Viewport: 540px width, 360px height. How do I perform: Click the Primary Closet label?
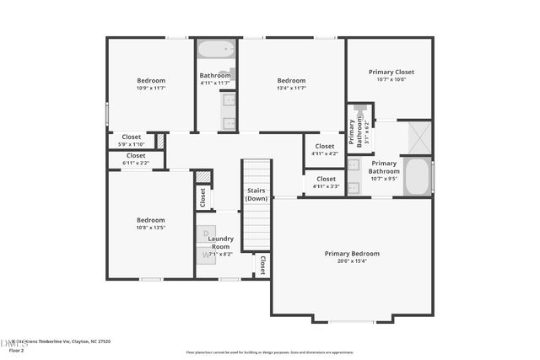tap(391, 72)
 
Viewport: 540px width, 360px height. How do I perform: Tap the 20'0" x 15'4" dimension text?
tap(352, 261)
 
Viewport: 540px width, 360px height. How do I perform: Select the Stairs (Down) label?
tap(256, 195)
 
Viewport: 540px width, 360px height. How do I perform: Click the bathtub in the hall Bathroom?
tap(215, 50)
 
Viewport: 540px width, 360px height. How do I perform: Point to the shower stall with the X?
tap(418, 137)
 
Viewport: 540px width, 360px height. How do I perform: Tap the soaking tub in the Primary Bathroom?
tap(418, 176)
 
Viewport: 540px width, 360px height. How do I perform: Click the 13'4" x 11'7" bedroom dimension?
tap(291, 88)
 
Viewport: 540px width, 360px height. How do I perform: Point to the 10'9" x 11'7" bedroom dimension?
tap(150, 88)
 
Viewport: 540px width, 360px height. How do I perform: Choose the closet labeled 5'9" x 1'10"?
tap(132, 140)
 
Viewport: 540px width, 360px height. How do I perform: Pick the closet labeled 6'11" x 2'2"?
tap(135, 159)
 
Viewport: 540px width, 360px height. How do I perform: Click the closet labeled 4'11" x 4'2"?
tap(324, 149)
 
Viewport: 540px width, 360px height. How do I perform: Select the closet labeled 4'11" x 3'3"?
tap(325, 182)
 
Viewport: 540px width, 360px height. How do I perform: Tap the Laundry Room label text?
tap(221, 243)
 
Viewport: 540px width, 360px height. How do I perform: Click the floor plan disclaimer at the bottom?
tap(269, 352)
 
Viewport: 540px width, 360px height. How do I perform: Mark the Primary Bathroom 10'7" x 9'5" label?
tap(384, 171)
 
